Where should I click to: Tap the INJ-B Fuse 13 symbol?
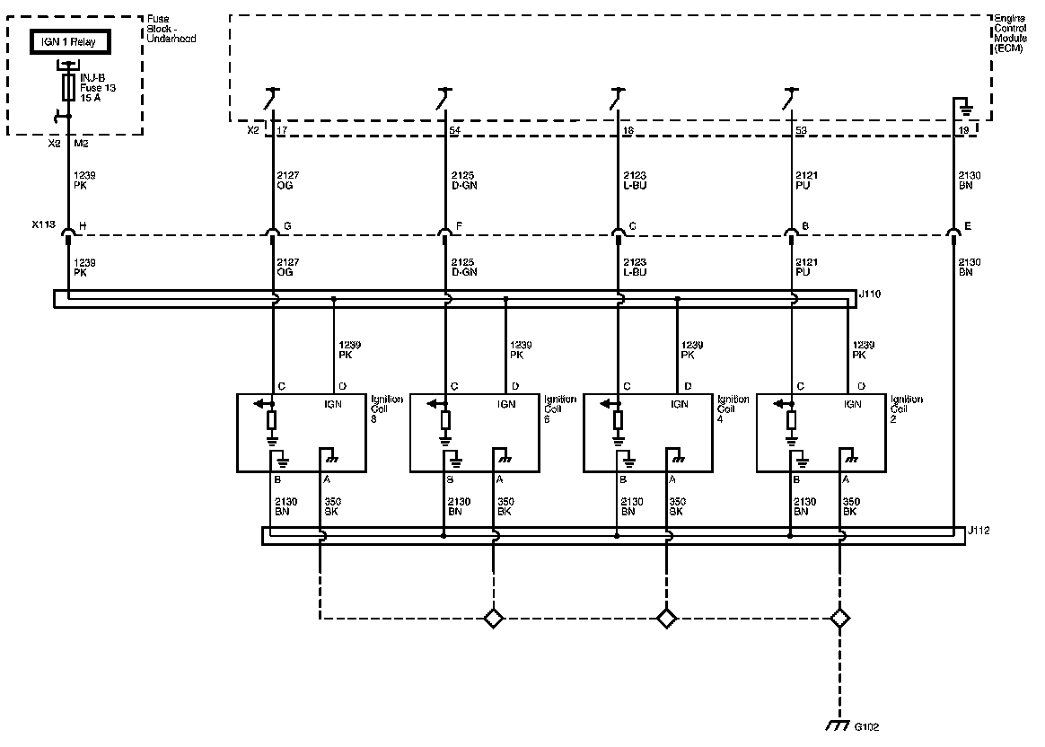(68, 88)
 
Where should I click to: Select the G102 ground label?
(866, 725)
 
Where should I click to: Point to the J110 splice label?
(870, 293)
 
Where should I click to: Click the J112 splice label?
(979, 530)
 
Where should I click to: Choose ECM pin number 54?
(454, 131)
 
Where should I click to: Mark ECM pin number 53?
(801, 131)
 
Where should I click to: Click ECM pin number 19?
(964, 131)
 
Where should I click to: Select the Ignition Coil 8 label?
(387, 409)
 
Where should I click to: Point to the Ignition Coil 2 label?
(907, 409)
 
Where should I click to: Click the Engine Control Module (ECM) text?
(1010, 33)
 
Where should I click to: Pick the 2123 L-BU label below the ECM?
(635, 180)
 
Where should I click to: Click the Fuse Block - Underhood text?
(171, 30)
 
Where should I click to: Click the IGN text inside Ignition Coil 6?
(506, 404)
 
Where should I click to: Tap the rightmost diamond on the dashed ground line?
(839, 618)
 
